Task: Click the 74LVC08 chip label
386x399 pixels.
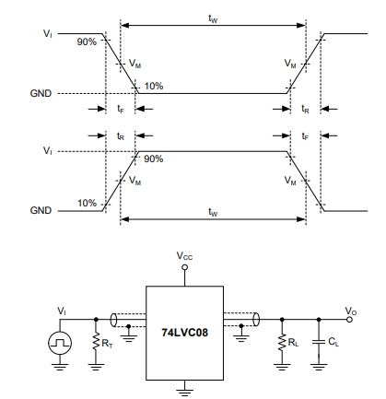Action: [184, 333]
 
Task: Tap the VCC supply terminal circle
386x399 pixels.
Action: [184, 267]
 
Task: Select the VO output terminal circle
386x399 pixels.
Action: [349, 320]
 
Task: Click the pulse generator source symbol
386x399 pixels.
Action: [60, 343]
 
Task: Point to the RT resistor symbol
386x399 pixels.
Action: [96, 341]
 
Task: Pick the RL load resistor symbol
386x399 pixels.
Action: [282, 341]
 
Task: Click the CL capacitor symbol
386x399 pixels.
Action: [319, 342]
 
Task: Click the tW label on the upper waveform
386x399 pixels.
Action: [213, 19]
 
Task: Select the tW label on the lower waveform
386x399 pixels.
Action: [213, 212]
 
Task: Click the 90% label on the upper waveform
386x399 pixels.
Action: [87, 41]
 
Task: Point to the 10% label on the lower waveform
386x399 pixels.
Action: [87, 203]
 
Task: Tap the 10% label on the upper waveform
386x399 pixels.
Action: [154, 86]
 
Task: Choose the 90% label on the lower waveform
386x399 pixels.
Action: [154, 158]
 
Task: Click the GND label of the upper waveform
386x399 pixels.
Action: [41, 93]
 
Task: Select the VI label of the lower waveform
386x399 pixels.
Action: [48, 151]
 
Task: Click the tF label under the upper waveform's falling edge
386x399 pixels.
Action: [121, 109]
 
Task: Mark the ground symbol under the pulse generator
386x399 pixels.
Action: [60, 367]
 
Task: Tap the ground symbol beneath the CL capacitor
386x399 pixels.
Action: [319, 367]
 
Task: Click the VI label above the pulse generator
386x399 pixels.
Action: [62, 311]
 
